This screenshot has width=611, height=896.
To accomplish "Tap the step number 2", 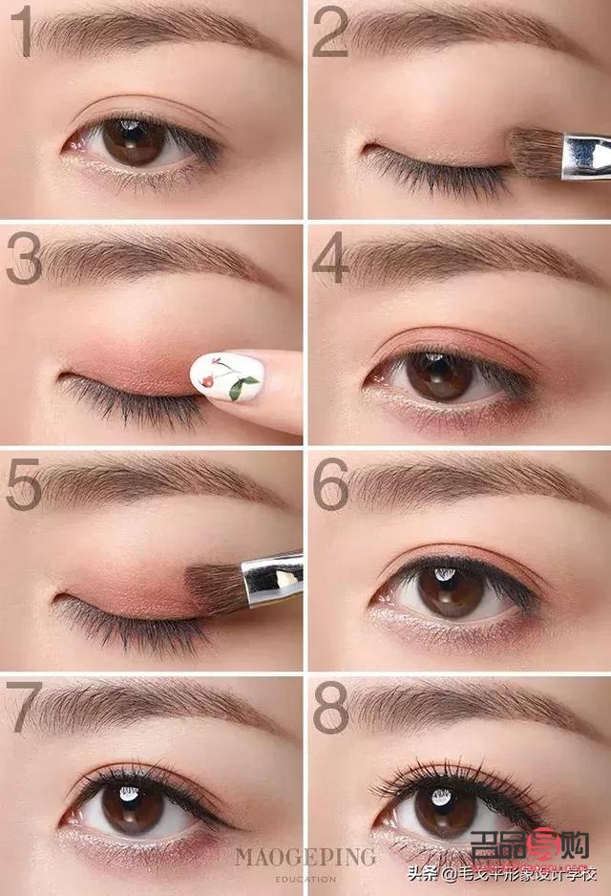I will pyautogui.click(x=329, y=33).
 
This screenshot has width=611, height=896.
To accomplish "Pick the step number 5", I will pyautogui.click(x=23, y=484).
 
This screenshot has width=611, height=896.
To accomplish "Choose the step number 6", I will pyautogui.click(x=330, y=484).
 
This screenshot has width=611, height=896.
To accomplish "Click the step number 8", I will pyautogui.click(x=330, y=708).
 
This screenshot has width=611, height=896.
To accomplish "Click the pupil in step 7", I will pyautogui.click(x=133, y=807).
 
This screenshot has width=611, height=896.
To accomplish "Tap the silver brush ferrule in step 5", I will pyautogui.click(x=271, y=577).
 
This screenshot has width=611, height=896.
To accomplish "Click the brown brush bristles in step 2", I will pyautogui.click(x=535, y=153).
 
